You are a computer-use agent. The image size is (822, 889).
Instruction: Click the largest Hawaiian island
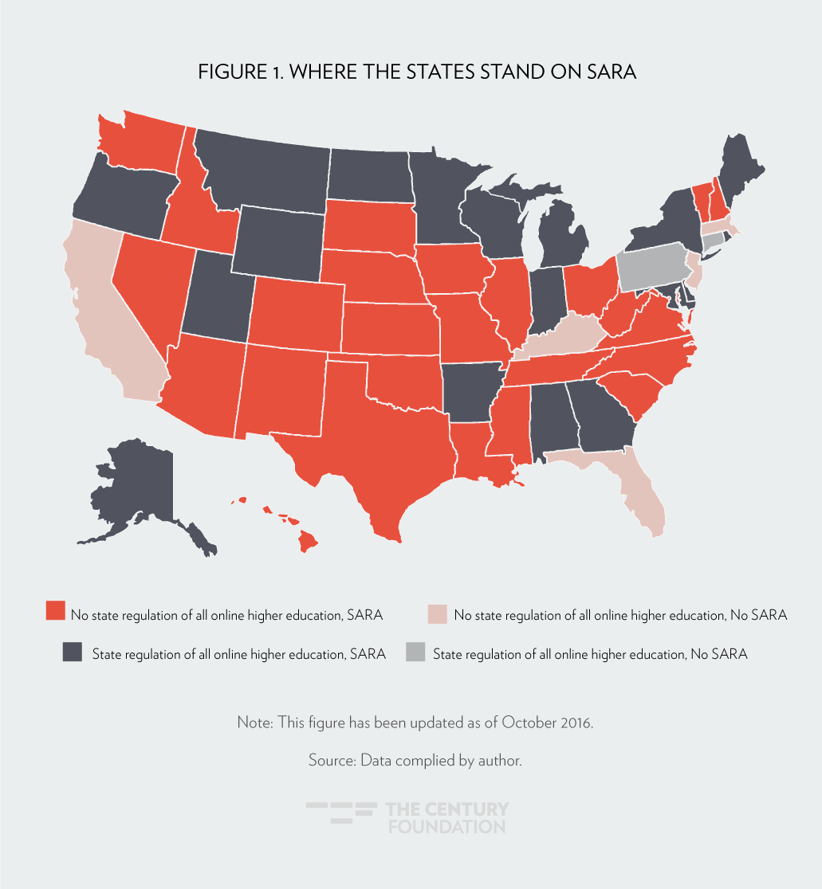point(308,542)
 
